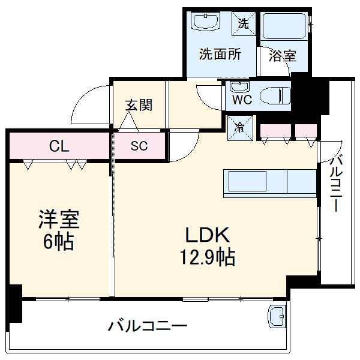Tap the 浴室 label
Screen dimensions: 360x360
pos(282,56)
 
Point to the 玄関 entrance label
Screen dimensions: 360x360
pos(139,106)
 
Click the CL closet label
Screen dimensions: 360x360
pos(59,146)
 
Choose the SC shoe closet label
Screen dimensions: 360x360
pos(139,146)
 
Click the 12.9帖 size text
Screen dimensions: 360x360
pos(207,258)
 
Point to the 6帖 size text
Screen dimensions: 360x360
pos(59,242)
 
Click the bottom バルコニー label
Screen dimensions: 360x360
pos(148,327)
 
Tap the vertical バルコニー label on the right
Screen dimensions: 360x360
pos(336,184)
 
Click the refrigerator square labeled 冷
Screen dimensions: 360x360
pos(238,127)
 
